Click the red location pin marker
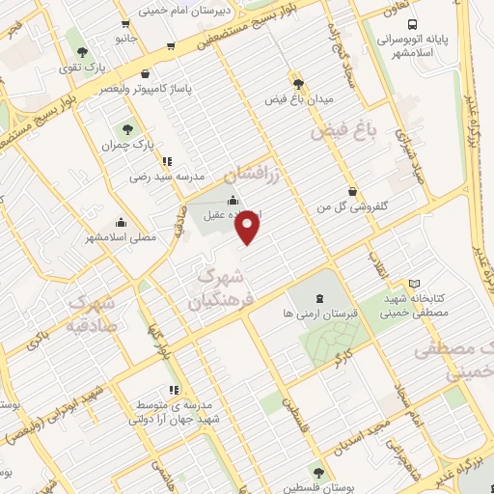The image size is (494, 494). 249,228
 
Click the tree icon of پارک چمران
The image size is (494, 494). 126,128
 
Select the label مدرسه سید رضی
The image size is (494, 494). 168,177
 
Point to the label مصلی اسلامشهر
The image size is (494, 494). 120,236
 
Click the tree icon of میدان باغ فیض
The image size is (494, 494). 298,84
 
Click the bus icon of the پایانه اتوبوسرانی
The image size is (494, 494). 412,25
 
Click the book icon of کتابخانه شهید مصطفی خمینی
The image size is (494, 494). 415,284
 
